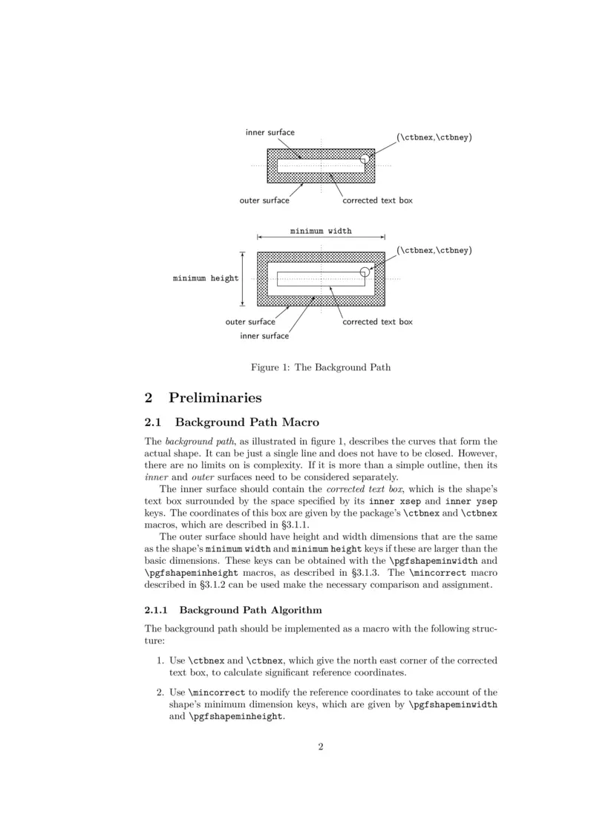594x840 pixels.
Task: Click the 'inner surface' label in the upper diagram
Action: click(x=270, y=133)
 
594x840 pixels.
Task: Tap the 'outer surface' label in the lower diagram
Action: click(x=250, y=322)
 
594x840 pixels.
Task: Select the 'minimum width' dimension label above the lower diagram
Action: click(x=321, y=231)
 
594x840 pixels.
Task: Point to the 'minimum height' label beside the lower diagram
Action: click(x=206, y=278)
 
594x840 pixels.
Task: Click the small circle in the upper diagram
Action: click(x=365, y=159)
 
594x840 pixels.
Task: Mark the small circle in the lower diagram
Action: click(x=365, y=272)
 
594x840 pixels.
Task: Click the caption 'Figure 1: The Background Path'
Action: click(x=321, y=367)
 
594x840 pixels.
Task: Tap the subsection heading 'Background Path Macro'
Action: click(x=244, y=423)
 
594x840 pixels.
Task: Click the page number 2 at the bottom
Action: click(x=321, y=747)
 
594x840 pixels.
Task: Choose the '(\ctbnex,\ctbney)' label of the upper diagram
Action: click(x=434, y=137)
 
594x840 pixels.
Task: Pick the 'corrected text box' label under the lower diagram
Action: click(x=377, y=322)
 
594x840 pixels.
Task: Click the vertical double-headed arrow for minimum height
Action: click(x=242, y=278)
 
